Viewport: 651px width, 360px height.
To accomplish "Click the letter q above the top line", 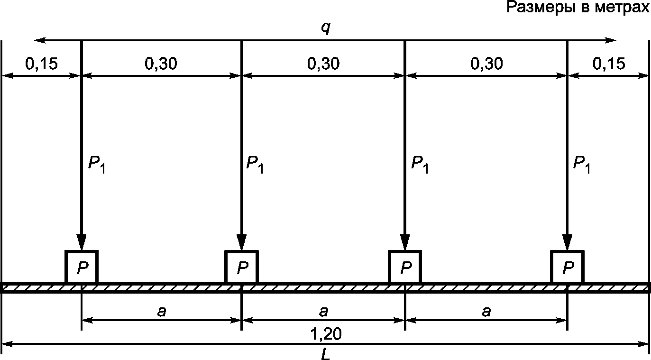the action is [325, 28].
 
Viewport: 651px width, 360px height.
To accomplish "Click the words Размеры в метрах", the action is [578, 7].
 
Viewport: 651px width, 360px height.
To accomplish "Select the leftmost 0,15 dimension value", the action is [41, 64].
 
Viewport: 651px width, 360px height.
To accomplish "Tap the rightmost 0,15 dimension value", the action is [609, 64].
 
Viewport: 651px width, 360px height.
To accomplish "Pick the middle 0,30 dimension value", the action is [323, 64].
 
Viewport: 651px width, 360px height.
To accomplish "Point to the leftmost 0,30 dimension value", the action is [161, 64].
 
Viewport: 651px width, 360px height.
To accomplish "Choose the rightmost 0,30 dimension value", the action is [486, 64].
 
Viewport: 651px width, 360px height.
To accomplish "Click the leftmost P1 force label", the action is [96, 165].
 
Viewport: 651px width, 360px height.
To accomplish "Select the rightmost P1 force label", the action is [582, 165].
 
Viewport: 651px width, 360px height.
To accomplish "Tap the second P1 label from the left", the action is [255, 165].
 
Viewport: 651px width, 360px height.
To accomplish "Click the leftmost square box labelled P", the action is [82, 267].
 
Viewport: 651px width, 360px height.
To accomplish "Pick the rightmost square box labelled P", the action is [567, 267].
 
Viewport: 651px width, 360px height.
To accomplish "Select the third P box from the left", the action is [405, 267].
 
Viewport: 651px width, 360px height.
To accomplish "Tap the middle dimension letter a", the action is [323, 312].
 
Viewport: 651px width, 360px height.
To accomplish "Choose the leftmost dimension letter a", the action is [161, 312].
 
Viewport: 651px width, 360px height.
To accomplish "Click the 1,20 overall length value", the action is [326, 334].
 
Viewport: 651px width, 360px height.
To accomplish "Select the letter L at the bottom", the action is [325, 354].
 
